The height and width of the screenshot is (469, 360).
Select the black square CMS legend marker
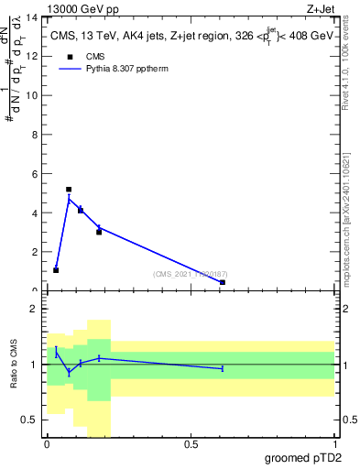pyautogui.click(x=70, y=56)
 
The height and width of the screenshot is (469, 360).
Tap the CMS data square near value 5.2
pyautogui.click(x=69, y=190)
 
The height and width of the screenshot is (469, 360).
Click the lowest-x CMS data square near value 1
pyautogui.click(x=56, y=270)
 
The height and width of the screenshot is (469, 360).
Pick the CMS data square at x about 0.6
pyautogui.click(x=223, y=282)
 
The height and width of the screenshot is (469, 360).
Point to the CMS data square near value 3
pyautogui.click(x=99, y=232)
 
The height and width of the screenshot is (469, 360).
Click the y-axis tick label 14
pyautogui.click(x=34, y=17)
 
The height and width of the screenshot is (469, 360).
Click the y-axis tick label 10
pyautogui.click(x=34, y=96)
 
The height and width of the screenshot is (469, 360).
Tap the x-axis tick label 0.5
pyautogui.click(x=191, y=444)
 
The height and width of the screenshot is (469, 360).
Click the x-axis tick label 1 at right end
pyautogui.click(x=334, y=444)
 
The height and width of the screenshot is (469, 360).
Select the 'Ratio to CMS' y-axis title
pyautogui.click(x=14, y=364)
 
